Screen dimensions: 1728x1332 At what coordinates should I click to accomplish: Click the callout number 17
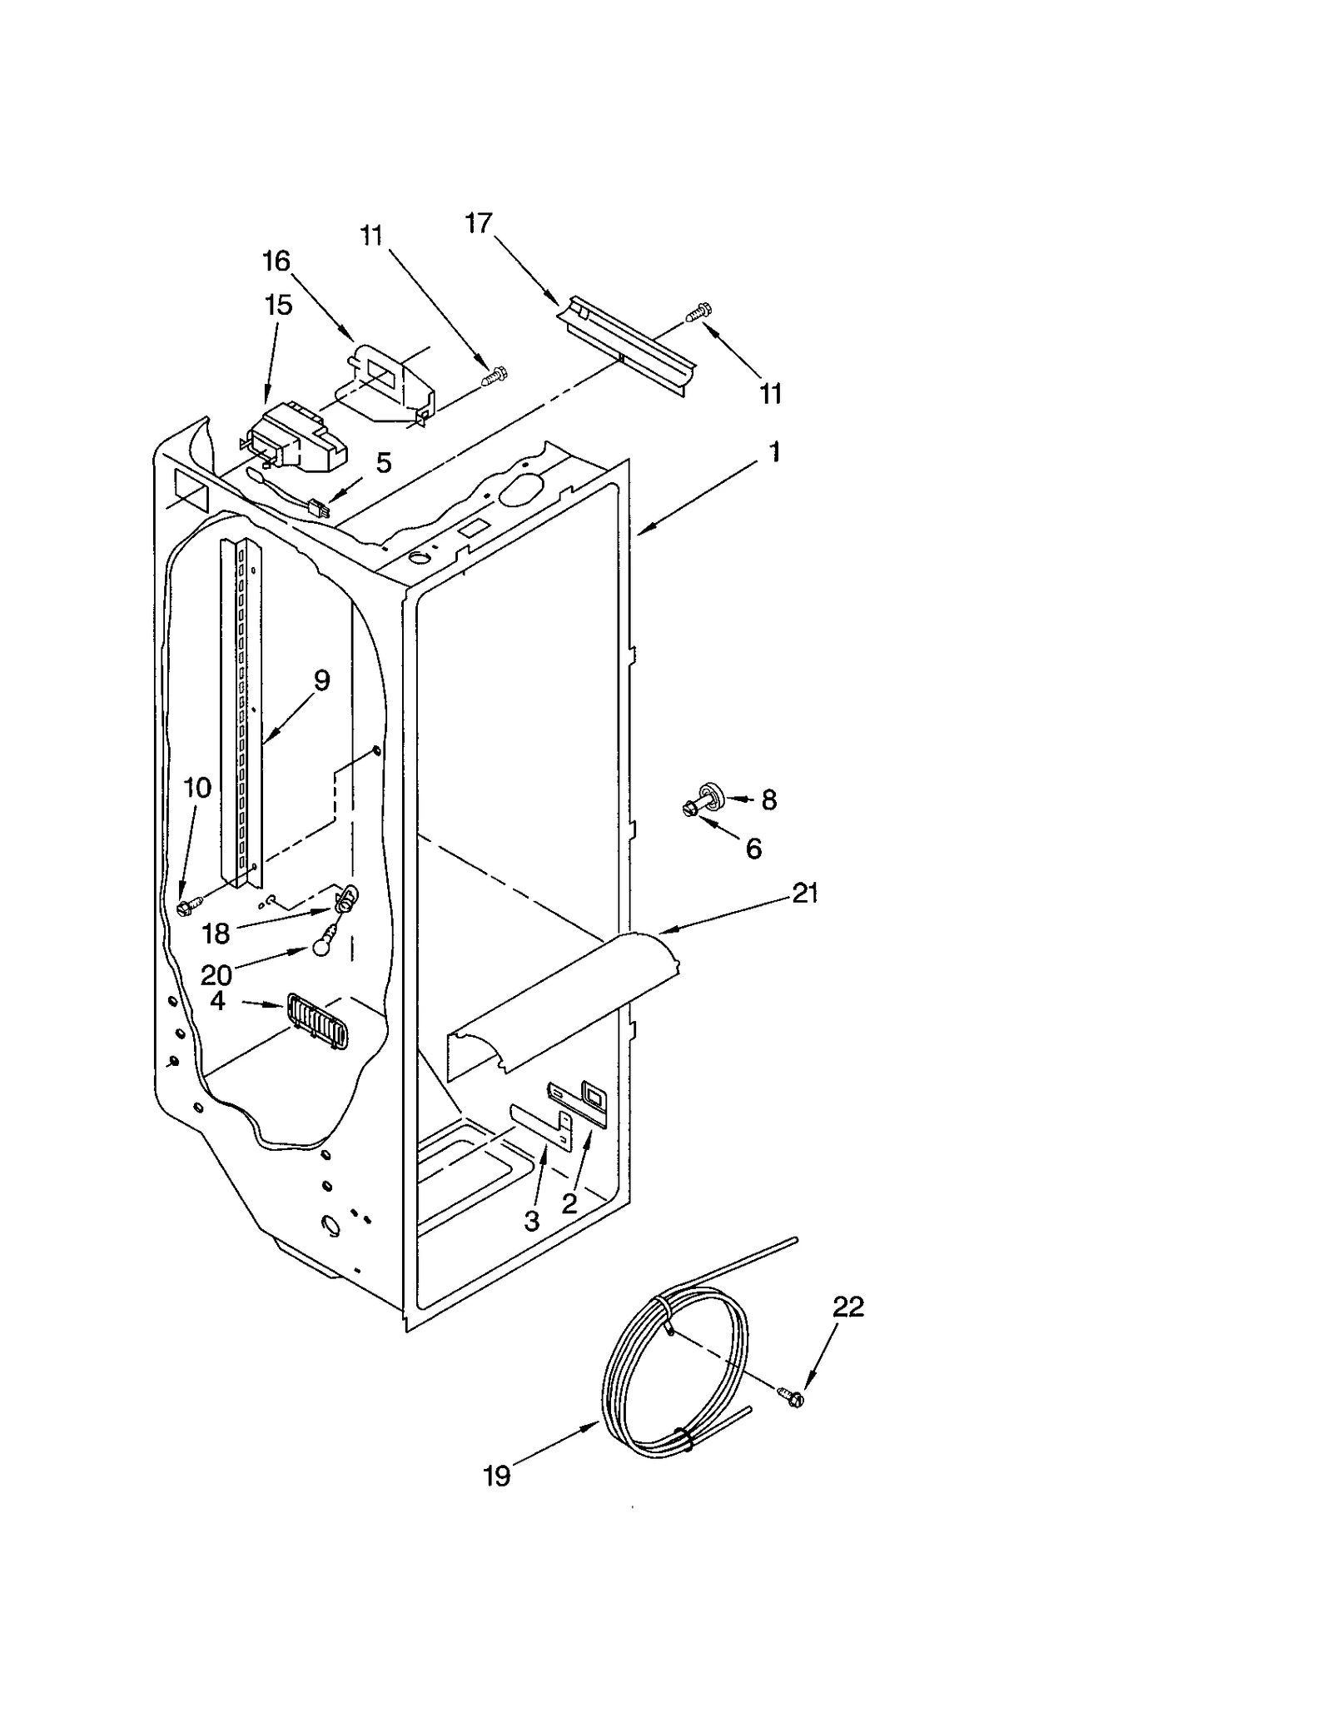tap(479, 223)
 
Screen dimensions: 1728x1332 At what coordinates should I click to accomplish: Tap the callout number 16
tap(276, 261)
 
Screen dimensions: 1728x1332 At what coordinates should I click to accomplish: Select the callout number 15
tap(279, 305)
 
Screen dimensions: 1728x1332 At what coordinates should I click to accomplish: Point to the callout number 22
tap(848, 1307)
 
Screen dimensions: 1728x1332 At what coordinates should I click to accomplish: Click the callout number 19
tap(497, 1477)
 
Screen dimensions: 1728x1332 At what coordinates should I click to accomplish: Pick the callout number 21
tap(805, 894)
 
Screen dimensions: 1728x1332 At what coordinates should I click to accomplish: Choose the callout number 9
tap(321, 680)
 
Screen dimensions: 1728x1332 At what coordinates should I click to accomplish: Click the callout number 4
tap(218, 1000)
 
